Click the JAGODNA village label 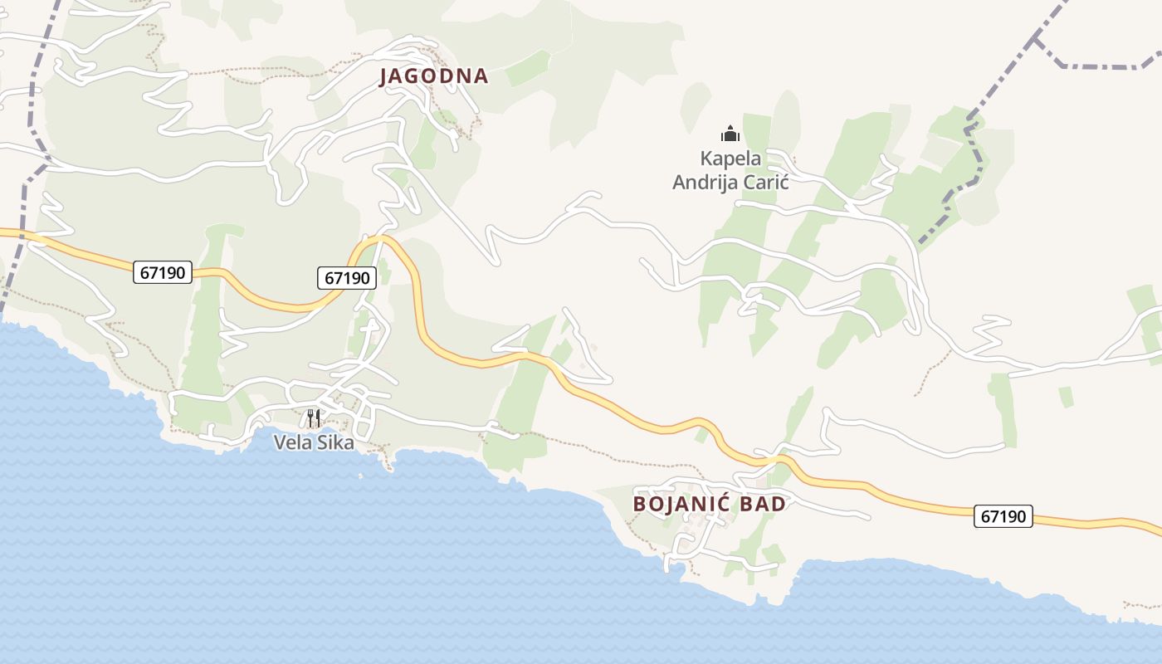tap(433, 76)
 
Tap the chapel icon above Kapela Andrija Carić tap(730, 133)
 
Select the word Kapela tap(730, 158)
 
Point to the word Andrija tap(703, 183)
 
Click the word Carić tap(764, 183)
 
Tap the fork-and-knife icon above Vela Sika tap(313, 417)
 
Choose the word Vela tap(290, 442)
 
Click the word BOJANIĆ tap(681, 504)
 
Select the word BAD tap(765, 504)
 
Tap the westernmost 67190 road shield tap(163, 271)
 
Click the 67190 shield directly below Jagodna tap(347, 278)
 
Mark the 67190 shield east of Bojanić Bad tap(1003, 516)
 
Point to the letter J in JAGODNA tap(384, 76)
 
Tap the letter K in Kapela tap(706, 158)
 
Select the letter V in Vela tap(280, 442)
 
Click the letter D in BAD tap(779, 504)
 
